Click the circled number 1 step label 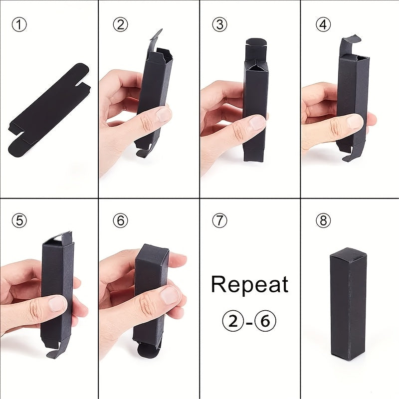tap(19, 24)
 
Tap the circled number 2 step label tap(120, 24)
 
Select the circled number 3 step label tap(219, 24)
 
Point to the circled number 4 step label tap(323, 24)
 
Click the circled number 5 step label tap(19, 220)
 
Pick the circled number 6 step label tap(120, 220)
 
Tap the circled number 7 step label tap(219, 220)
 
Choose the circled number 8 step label tap(323, 220)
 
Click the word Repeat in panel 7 tap(250, 285)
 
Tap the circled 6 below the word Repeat tap(265, 321)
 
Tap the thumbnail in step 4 tap(355, 121)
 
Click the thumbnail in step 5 tap(57, 304)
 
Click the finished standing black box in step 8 tap(349, 305)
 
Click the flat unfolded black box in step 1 tap(49, 110)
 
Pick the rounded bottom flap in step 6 tap(148, 351)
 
